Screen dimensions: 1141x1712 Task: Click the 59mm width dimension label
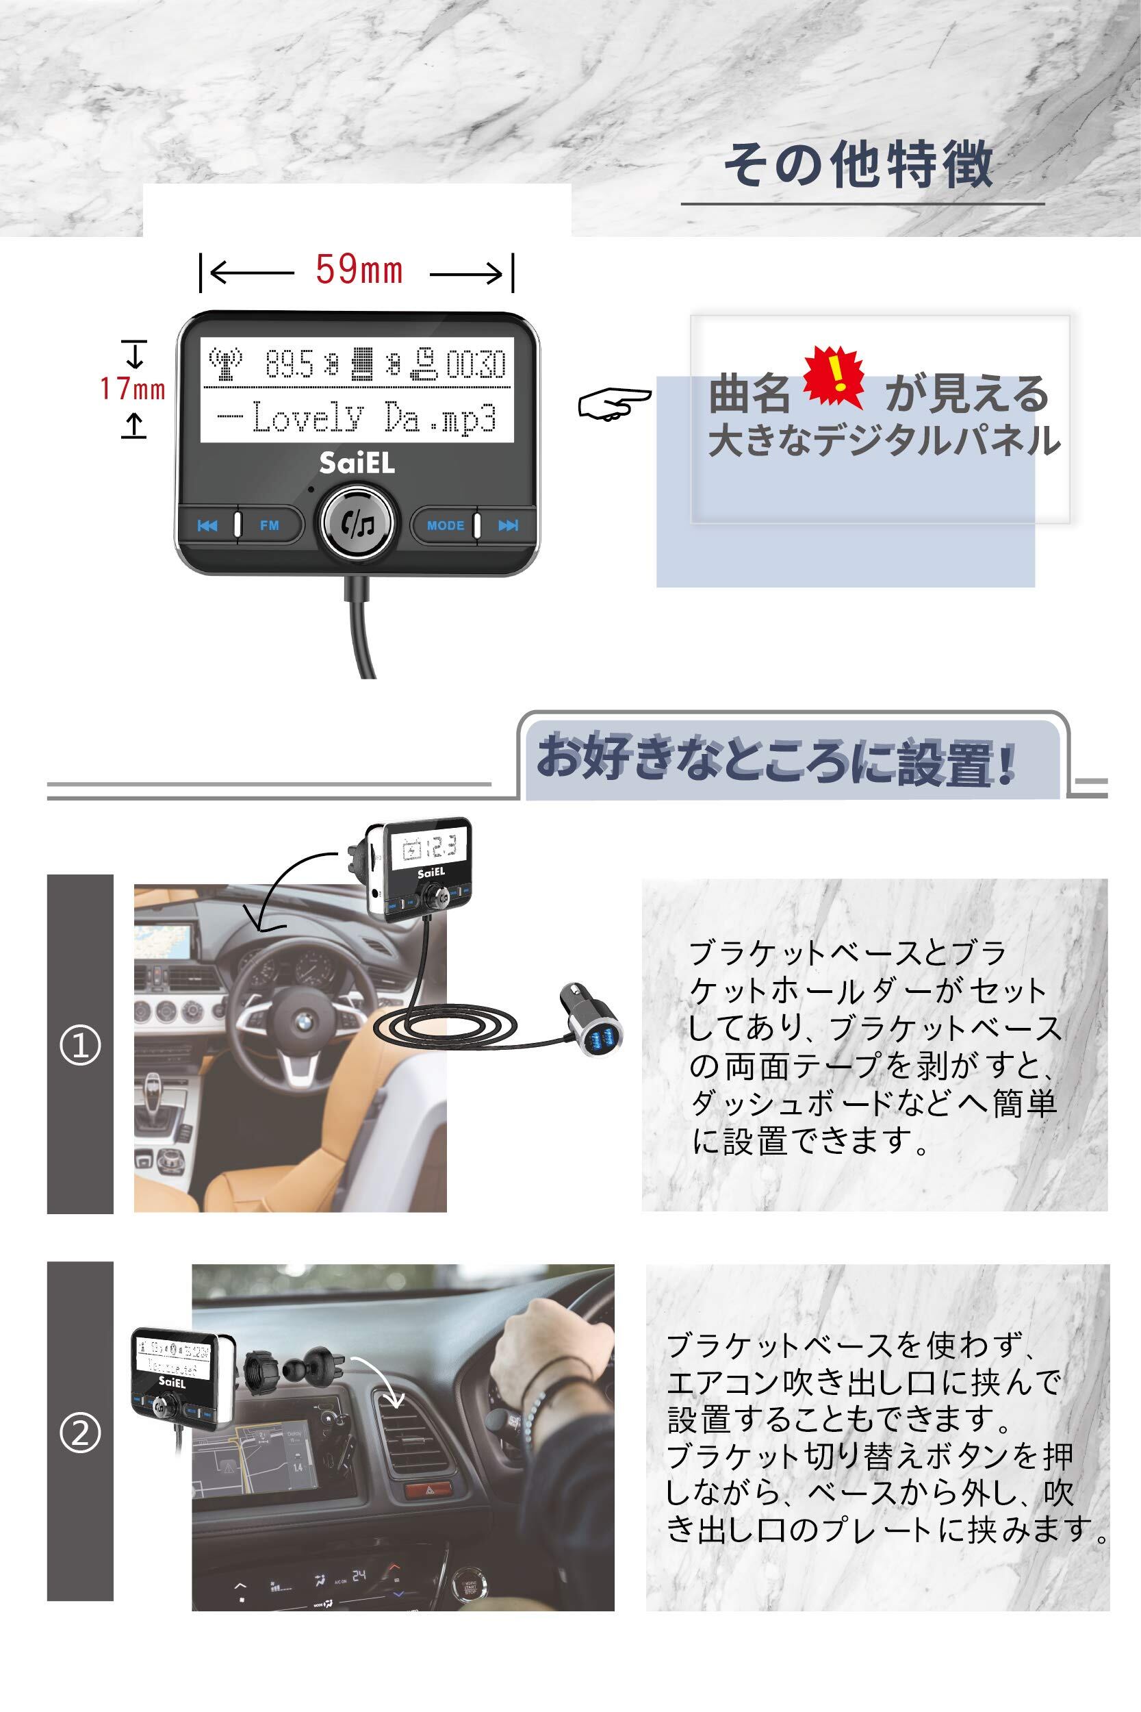click(x=359, y=270)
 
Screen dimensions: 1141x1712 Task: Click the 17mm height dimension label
click(x=132, y=390)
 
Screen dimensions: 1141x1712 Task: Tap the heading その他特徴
click(x=859, y=164)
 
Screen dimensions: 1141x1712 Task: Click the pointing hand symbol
click(x=614, y=403)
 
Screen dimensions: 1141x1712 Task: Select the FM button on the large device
click(x=269, y=525)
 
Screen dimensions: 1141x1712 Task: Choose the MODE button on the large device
click(x=445, y=525)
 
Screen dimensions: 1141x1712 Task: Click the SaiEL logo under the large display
click(x=357, y=464)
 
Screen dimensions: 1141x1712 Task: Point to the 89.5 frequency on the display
click(x=289, y=364)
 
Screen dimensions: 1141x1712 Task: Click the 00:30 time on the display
click(x=476, y=364)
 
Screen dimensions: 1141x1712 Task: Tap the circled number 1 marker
click(x=80, y=1046)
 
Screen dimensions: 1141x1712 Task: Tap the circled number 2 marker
click(x=80, y=1435)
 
